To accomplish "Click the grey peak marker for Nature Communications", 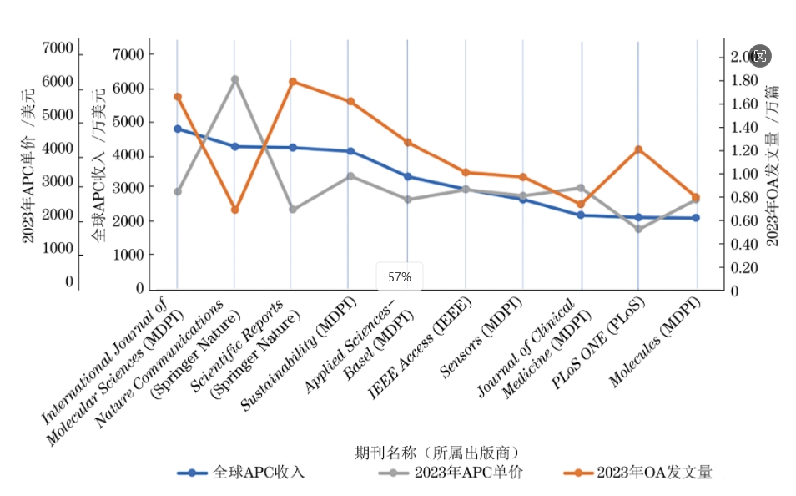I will [x=234, y=79].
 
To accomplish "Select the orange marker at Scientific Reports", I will [x=292, y=82].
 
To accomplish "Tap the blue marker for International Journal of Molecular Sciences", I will [x=177, y=129].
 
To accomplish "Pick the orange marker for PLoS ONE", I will [x=638, y=149].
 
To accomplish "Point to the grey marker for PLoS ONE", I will [x=638, y=228].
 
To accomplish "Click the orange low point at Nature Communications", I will [x=234, y=210].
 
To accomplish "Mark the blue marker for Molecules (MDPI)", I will [x=696, y=218].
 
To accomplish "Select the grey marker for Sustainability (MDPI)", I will [x=350, y=176].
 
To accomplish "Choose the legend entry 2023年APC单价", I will [x=450, y=473].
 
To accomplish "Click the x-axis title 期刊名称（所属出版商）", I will [x=438, y=453].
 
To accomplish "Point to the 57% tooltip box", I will [x=399, y=276].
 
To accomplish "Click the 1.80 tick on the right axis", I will [x=743, y=80].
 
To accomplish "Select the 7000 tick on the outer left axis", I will [x=57, y=48].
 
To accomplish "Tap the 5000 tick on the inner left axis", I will [x=128, y=121].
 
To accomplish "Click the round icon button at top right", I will [x=759, y=56].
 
